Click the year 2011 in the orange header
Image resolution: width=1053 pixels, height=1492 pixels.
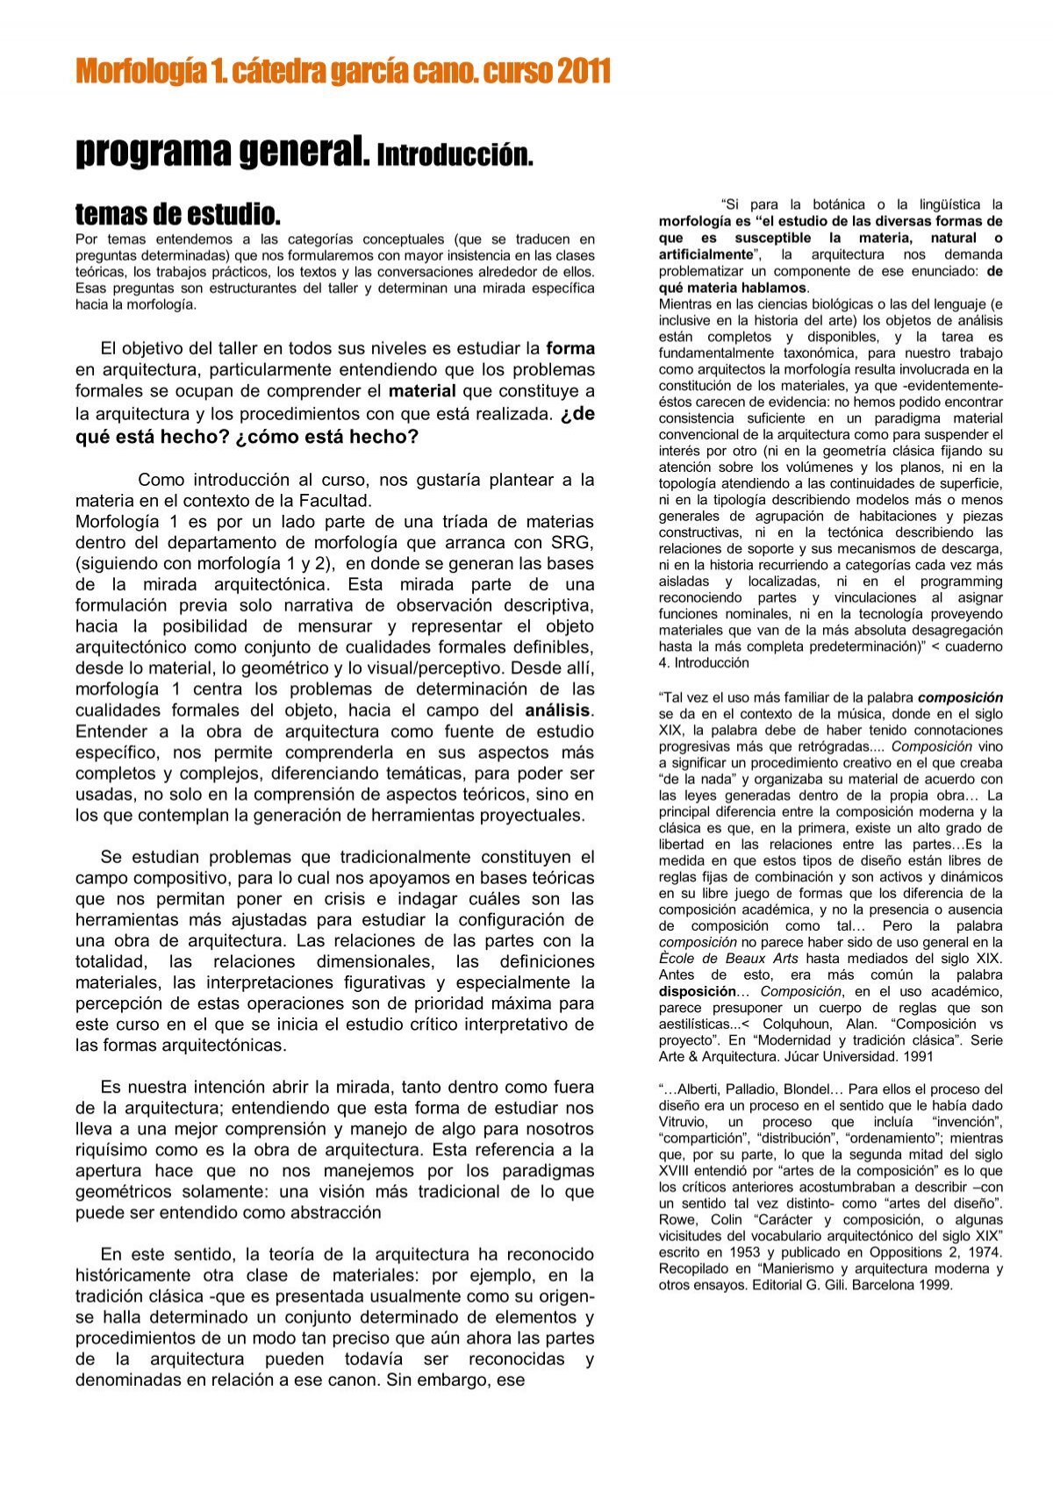(x=583, y=71)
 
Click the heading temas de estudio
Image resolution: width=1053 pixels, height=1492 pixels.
(x=177, y=213)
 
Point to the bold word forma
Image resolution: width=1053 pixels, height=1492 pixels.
(x=570, y=348)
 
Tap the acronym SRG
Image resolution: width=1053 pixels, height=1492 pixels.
(x=572, y=543)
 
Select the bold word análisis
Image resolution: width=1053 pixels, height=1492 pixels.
(x=558, y=710)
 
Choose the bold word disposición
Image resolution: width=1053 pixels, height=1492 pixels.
(x=698, y=991)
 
